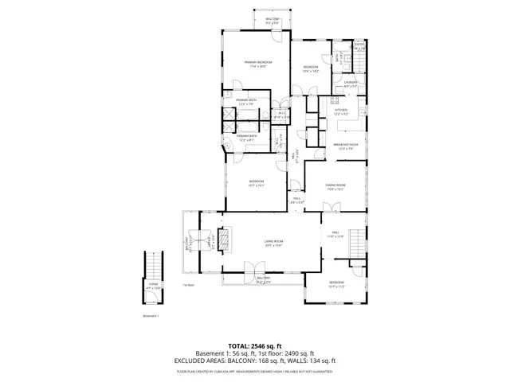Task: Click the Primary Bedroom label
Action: point(256,64)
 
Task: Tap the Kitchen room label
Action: point(340,112)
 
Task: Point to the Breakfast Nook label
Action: point(345,146)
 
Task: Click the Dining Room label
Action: point(334,187)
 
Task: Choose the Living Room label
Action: point(274,243)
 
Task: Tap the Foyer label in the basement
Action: point(152,283)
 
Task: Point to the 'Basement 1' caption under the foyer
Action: point(151,316)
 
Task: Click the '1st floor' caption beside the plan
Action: point(188,285)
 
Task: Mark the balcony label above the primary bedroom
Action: point(272,21)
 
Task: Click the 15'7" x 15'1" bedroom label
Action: point(255,184)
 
